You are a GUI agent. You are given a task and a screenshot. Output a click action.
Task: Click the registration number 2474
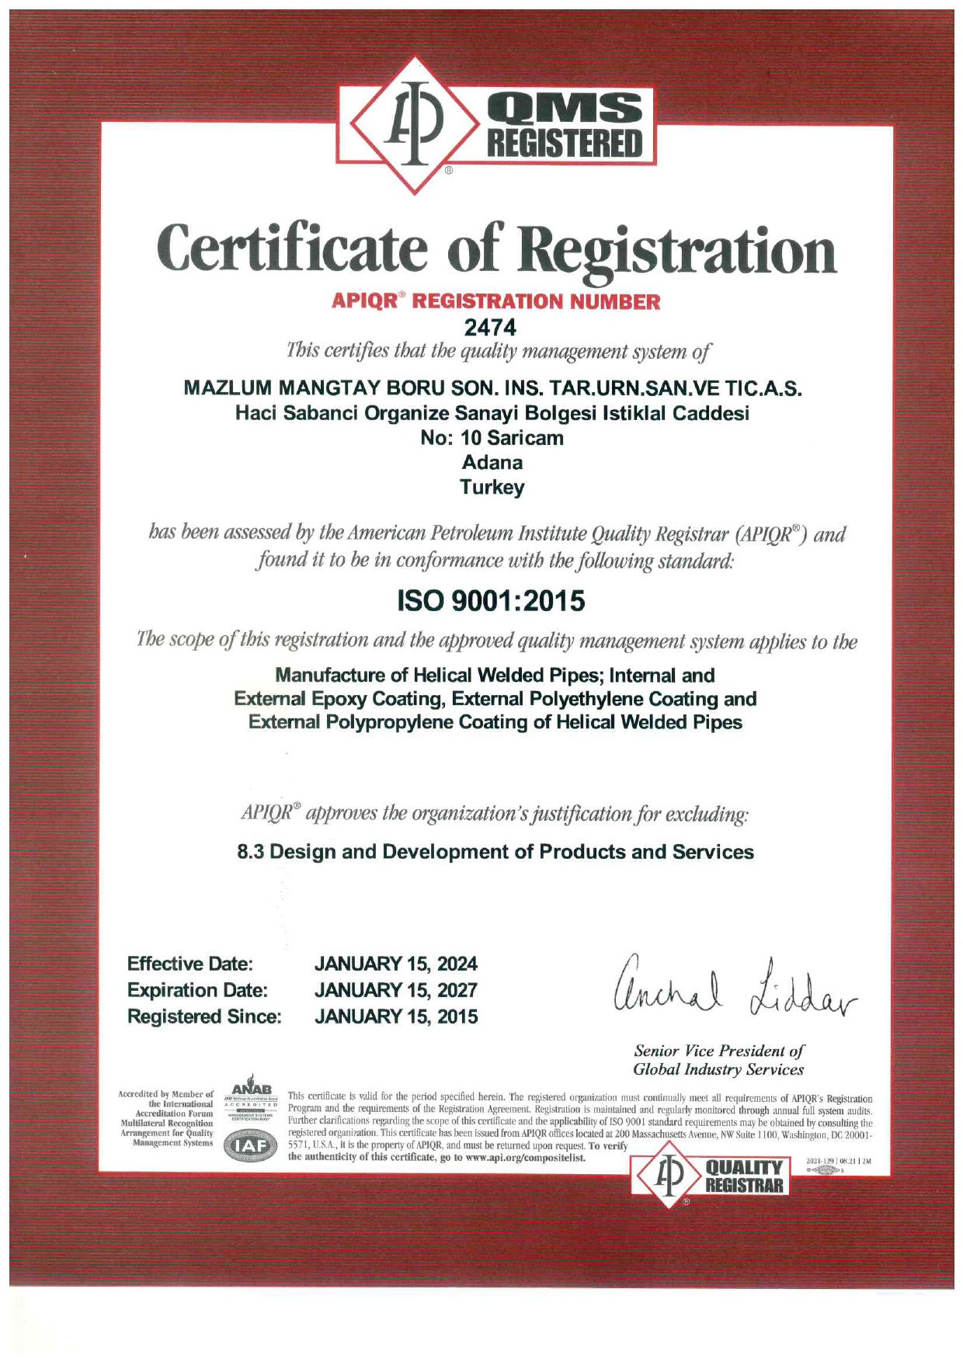coord(489,327)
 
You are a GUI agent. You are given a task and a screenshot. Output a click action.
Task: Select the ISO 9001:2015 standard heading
coord(491,600)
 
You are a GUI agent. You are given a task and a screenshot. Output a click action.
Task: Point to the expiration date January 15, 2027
coord(395,990)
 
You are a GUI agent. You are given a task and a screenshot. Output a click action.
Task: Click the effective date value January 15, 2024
coord(395,964)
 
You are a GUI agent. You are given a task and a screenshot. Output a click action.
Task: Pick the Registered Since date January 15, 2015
coord(395,1016)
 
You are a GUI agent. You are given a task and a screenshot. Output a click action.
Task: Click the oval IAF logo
coord(250,1145)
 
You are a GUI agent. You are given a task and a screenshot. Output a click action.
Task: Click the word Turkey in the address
coord(492,488)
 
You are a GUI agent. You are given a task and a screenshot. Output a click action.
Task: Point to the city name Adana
coord(492,463)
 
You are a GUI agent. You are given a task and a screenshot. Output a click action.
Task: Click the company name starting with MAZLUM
coord(492,387)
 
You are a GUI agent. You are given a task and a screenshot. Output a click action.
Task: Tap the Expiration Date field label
coord(197,990)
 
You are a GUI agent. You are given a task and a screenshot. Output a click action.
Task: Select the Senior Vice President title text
coord(718,1060)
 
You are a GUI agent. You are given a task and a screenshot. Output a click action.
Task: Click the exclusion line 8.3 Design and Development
coord(495,852)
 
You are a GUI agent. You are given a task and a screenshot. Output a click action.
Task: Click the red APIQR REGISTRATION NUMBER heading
coord(495,301)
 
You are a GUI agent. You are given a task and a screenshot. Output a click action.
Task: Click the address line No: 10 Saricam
coord(492,438)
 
